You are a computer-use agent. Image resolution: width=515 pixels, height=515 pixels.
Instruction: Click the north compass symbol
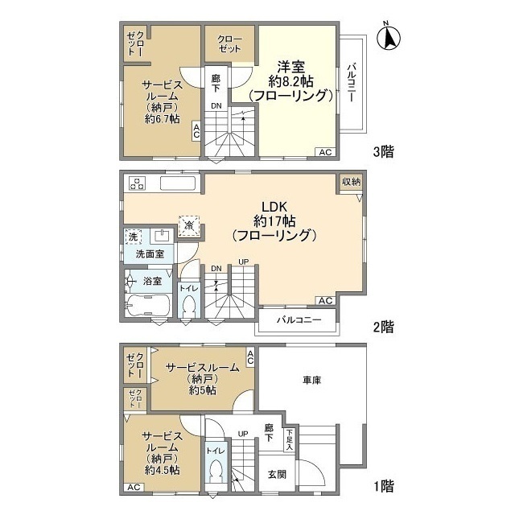pyautogui.click(x=389, y=35)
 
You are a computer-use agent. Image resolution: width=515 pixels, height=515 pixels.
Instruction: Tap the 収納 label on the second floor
pyautogui.click(x=350, y=182)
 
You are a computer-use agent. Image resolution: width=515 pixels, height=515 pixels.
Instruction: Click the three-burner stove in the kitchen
pyautogui.click(x=136, y=183)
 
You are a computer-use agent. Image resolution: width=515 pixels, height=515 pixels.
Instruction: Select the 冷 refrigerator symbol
pyautogui.click(x=190, y=226)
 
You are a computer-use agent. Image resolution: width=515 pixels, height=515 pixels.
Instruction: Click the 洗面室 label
pyautogui.click(x=149, y=253)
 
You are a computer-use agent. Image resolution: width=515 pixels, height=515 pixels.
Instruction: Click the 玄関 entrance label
pyautogui.click(x=276, y=474)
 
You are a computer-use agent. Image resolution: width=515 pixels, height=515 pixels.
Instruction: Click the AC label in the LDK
pyautogui.click(x=325, y=300)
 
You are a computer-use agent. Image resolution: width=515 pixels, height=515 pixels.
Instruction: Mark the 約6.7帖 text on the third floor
pyautogui.click(x=162, y=117)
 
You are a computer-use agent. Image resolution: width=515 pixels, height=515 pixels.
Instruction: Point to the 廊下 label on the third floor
pyautogui.click(x=216, y=82)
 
